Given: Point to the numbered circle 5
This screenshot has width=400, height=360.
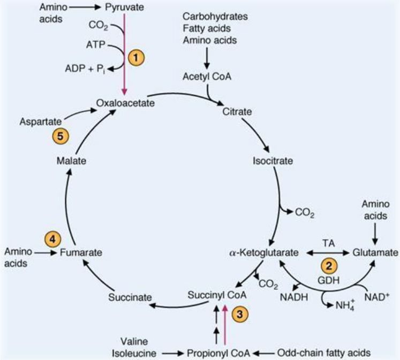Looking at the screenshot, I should pyautogui.click(x=61, y=136).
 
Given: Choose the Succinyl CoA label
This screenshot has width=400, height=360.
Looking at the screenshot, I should pyautogui.click(x=211, y=295).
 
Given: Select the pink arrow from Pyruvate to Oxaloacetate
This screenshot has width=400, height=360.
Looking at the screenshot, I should pyautogui.click(x=124, y=53).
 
